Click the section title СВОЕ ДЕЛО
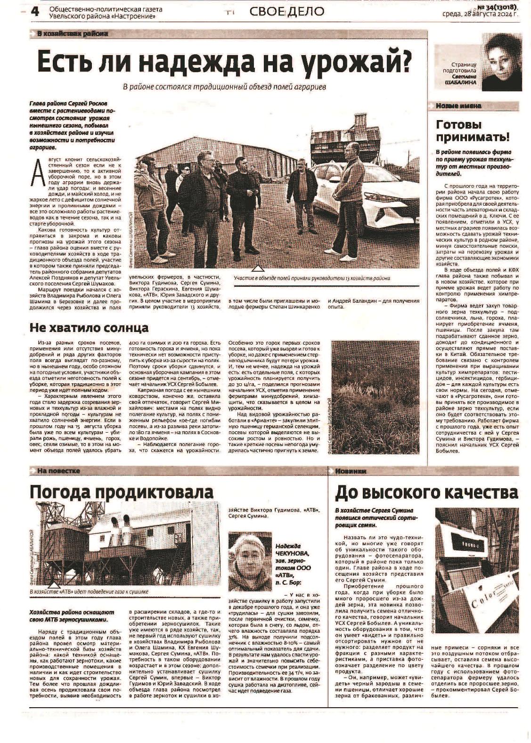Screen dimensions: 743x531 point(287,11)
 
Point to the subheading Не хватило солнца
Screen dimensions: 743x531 point(89,327)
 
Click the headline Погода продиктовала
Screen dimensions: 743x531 point(121,492)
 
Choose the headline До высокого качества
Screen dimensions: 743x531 point(426,493)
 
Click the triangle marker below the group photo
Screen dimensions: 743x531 point(257,269)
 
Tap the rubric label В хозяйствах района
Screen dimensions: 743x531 point(72,33)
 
